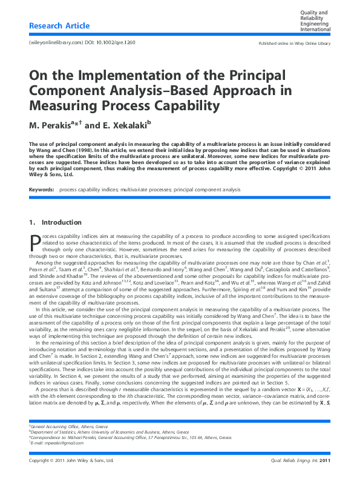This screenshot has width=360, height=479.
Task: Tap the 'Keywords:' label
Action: coord(42,190)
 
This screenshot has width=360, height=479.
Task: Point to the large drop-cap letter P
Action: coord(34,242)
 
